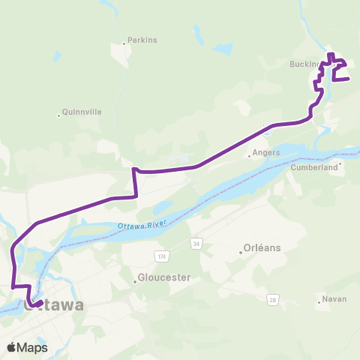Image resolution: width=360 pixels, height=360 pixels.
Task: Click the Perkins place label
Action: (142, 40)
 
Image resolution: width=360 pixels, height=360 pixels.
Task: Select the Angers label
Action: (265, 152)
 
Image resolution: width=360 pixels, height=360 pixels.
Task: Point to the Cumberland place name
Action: (314, 169)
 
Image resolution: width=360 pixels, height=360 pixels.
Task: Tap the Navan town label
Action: (334, 299)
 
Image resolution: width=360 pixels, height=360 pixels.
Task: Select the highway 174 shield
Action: (139, 256)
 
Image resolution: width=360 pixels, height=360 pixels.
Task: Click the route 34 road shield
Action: (196, 244)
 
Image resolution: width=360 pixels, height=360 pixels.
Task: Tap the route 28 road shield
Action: (274, 300)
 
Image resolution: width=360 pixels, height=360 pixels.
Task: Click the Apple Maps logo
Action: (27, 348)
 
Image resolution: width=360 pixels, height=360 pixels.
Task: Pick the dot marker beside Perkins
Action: (124, 43)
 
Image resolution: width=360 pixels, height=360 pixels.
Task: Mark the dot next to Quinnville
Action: (58, 115)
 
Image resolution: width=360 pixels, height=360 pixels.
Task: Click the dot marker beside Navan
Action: (319, 303)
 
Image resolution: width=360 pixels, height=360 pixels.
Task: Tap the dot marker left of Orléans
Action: (240, 252)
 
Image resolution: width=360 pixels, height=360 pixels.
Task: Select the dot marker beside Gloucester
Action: (136, 282)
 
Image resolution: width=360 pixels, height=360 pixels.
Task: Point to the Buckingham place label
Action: (306, 64)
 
